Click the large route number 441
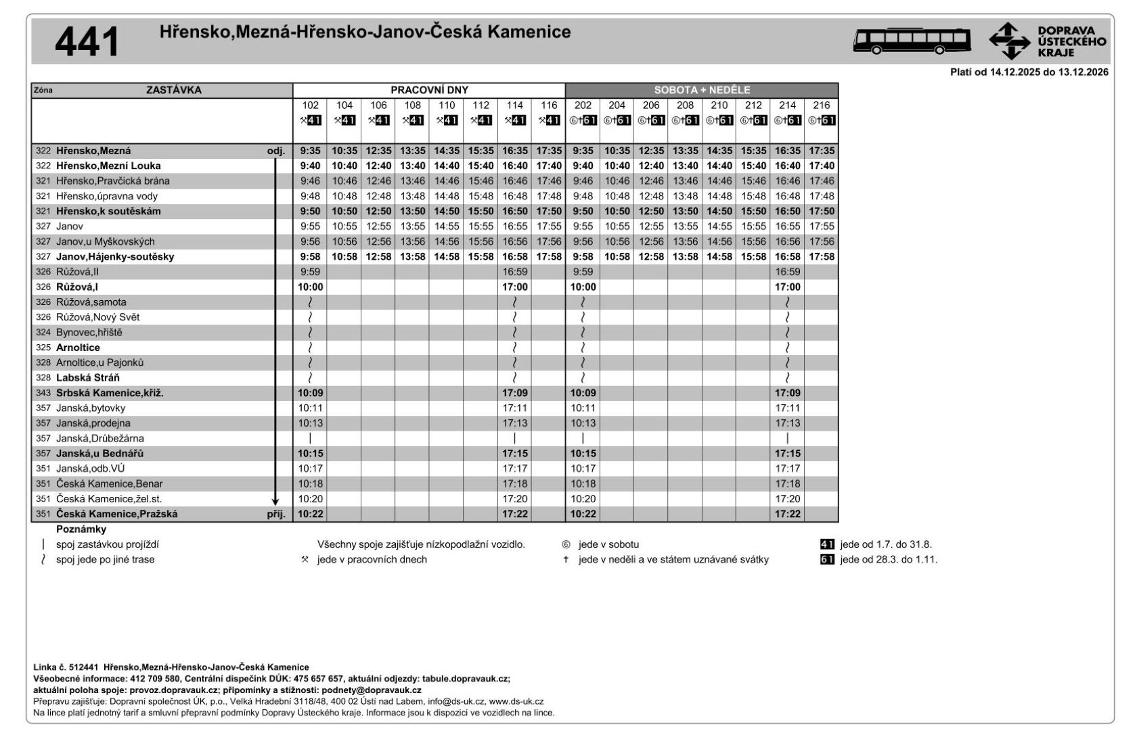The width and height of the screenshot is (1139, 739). point(87,42)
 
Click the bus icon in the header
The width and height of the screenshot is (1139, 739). point(911,41)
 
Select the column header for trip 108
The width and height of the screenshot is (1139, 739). point(412,105)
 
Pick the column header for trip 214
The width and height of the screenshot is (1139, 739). point(787,105)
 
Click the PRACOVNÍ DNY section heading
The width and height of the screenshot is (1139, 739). point(429,90)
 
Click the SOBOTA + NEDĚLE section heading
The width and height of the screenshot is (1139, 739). point(702,90)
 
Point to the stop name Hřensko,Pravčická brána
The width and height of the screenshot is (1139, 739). point(113,181)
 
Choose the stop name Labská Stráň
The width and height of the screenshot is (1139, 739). point(88,378)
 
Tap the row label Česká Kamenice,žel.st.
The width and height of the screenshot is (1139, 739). point(109,499)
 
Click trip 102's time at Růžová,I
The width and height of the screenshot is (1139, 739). point(311,287)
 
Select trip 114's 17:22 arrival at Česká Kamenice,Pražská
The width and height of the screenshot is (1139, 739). point(514,514)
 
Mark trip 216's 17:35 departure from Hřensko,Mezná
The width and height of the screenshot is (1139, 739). point(822,151)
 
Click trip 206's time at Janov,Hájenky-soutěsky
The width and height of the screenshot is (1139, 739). point(651,257)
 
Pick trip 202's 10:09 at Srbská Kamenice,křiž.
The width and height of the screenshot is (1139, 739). point(583,393)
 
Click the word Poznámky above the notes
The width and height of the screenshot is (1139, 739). point(81,529)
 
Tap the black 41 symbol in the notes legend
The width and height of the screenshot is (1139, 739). point(827,544)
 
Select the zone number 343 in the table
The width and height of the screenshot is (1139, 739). point(43,393)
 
